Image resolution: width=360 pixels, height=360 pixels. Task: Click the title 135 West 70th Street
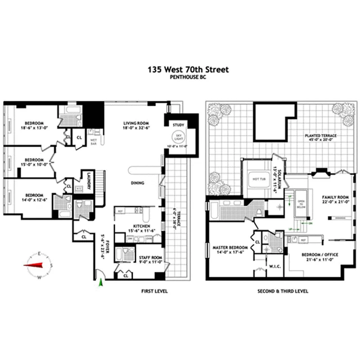click(x=189, y=70)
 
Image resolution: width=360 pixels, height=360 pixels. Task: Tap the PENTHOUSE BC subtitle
click(x=189, y=77)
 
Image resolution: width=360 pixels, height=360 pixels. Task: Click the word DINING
click(x=137, y=183)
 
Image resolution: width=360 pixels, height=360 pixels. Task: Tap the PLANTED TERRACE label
click(x=320, y=135)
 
